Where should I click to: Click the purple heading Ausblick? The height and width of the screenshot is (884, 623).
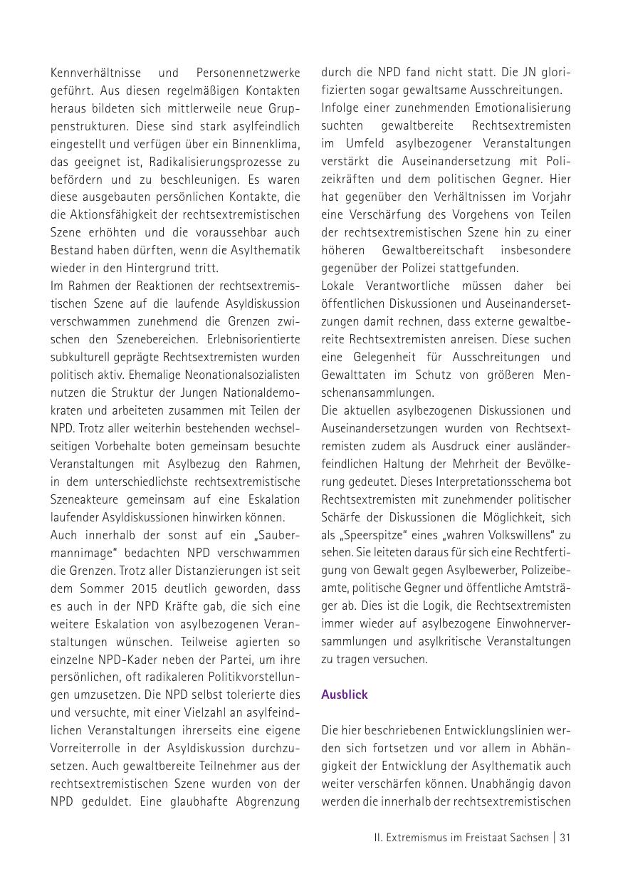[x=345, y=695]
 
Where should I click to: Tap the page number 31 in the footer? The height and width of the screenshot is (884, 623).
[x=565, y=838]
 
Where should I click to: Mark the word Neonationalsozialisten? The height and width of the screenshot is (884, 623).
[x=240, y=375]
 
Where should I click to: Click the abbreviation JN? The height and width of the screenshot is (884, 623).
[x=520, y=73]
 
